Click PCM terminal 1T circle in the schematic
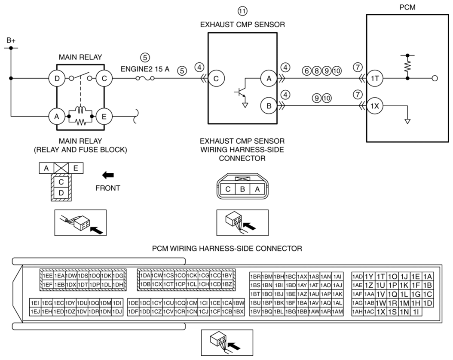pos(375,78)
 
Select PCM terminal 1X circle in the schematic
pos(375,106)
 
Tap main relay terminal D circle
pos(57,78)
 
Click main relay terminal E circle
pos(104,117)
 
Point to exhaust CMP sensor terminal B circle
pos(269,106)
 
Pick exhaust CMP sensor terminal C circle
pos(216,78)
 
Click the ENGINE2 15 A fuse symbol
pos(145,78)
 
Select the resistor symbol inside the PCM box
pos(407,67)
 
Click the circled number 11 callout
pos(242,11)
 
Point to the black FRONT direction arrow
pos(108,175)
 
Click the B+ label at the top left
pos(11,40)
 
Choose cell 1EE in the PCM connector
pos(48,276)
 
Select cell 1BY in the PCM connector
pos(228,276)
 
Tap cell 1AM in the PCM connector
pos(337,312)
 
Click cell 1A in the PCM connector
pos(428,277)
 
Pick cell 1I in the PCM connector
pos(416,312)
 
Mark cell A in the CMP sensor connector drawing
pos(257,189)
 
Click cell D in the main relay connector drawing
pos(61,193)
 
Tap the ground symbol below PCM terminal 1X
pos(407,121)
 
